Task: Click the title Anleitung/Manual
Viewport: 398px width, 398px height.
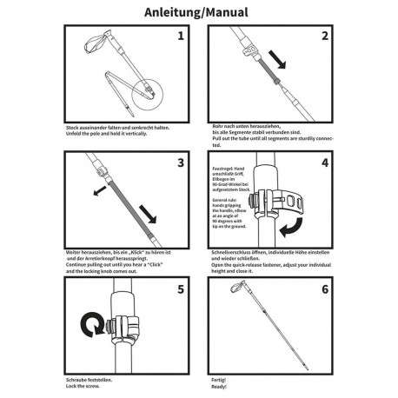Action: click(x=198, y=14)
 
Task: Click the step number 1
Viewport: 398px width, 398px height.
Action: click(x=180, y=36)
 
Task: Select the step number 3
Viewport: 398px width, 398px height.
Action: click(x=180, y=162)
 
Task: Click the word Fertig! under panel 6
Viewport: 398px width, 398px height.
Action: click(x=217, y=379)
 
